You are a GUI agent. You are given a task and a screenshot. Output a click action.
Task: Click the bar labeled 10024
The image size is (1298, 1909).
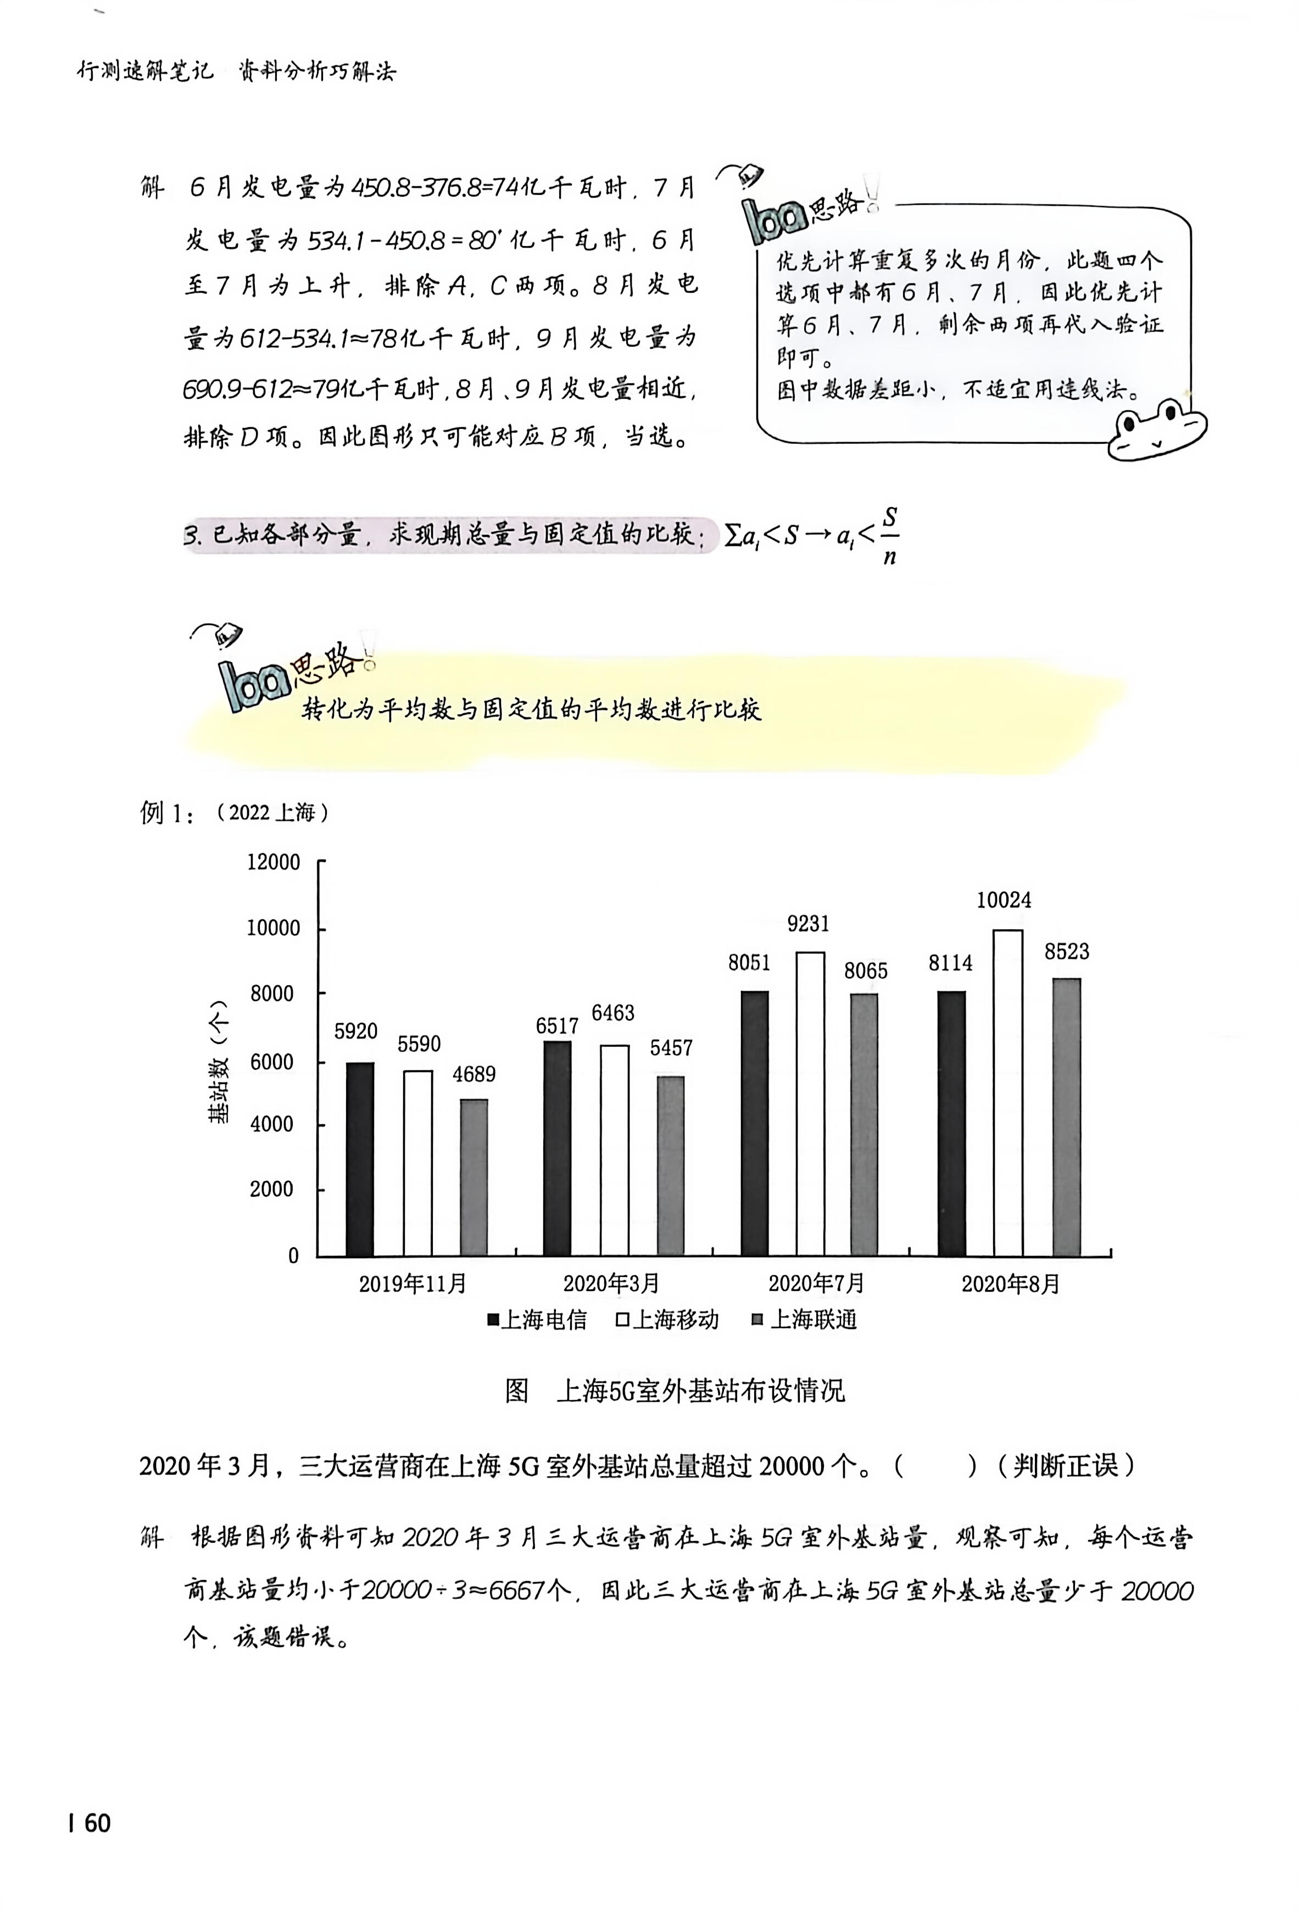tap(1008, 1092)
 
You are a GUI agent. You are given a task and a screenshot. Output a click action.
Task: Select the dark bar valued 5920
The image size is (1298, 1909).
tap(360, 1159)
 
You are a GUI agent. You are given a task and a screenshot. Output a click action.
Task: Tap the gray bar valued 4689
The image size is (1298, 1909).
tap(474, 1177)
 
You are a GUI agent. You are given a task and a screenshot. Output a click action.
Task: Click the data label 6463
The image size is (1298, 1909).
tap(613, 1013)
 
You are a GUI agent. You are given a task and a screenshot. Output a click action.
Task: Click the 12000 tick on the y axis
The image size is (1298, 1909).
tap(274, 862)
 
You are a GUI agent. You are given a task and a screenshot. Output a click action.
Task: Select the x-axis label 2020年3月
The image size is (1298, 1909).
tap(611, 1283)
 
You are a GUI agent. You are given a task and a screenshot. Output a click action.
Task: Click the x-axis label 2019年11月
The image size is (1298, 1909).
tap(413, 1283)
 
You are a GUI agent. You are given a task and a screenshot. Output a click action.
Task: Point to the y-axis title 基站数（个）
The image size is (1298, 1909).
tap(219, 1060)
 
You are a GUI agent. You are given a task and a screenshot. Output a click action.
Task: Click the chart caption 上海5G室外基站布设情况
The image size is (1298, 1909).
tap(700, 1391)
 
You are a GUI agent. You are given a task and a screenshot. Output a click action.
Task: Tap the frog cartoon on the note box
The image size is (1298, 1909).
tap(1157, 429)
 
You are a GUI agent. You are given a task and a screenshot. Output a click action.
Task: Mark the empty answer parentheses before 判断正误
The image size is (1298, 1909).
tap(937, 1466)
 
